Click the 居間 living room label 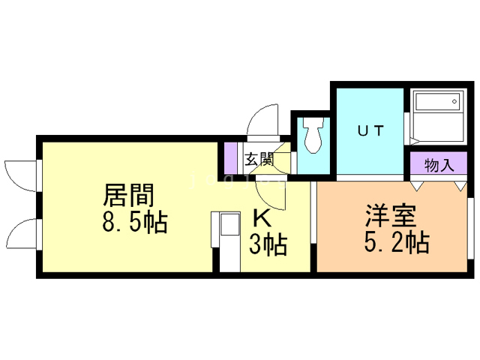click(128, 196)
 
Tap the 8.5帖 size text click(136, 222)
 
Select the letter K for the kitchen click(262, 218)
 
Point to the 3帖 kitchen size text click(268, 244)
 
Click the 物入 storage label click(439, 165)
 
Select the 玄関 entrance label click(259, 160)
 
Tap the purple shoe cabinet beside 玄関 click(231, 157)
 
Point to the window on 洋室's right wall click(472, 232)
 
